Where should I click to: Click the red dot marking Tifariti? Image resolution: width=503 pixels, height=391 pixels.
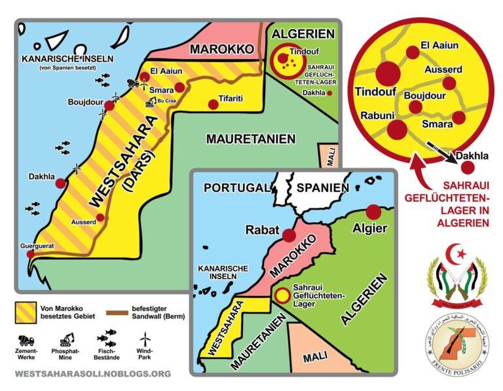[213, 104]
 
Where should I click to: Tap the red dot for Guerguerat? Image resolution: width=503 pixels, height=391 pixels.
[31, 255]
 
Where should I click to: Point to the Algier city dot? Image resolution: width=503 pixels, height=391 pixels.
[373, 212]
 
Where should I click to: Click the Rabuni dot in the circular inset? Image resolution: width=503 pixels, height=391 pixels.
[397, 130]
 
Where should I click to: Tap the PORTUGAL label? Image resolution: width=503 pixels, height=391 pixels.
[236, 188]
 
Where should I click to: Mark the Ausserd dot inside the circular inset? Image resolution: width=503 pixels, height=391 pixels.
[449, 83]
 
